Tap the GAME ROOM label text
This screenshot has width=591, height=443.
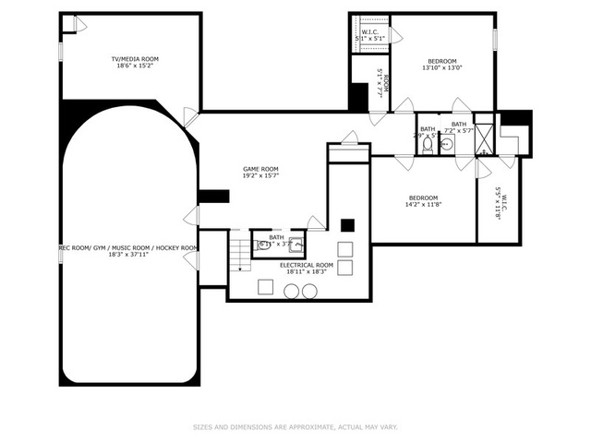(260, 168)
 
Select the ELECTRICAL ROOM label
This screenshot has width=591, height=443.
(306, 265)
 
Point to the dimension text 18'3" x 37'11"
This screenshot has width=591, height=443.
(127, 256)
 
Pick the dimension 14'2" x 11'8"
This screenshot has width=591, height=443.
(423, 205)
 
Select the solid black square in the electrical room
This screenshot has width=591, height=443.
(347, 224)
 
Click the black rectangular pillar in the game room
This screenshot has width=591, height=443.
(213, 196)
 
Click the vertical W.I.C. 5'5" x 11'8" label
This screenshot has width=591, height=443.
(497, 201)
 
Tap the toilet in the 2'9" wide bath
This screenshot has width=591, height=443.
(428, 146)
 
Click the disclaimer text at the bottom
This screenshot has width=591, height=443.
(295, 426)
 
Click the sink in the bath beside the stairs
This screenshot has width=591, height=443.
(296, 245)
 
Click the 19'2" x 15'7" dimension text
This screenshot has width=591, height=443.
(260, 175)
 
